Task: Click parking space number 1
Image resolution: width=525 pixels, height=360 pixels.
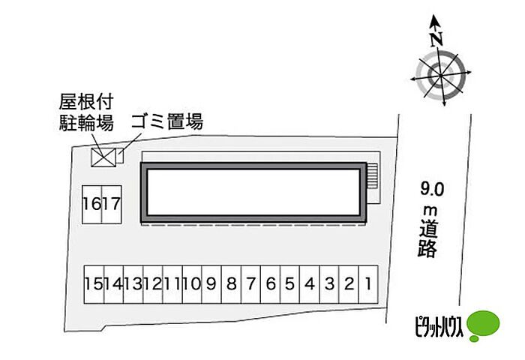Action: pyautogui.click(x=368, y=284)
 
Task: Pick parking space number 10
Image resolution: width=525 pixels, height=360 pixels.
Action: pyautogui.click(x=190, y=284)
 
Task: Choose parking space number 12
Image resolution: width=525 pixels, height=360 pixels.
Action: pyautogui.click(x=151, y=284)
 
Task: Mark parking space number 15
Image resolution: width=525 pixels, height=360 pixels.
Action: pyautogui.click(x=93, y=284)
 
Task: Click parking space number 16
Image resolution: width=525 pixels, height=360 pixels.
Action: pyautogui.click(x=92, y=203)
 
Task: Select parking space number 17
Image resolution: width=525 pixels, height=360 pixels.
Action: pyautogui.click(x=112, y=203)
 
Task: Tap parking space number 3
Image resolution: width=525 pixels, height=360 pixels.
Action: pyautogui.click(x=328, y=284)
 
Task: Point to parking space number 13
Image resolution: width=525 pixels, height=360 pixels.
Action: pyautogui.click(x=132, y=284)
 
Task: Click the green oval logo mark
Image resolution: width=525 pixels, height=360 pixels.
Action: pyautogui.click(x=483, y=325)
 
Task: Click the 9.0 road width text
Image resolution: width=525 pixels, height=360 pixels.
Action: pyautogui.click(x=431, y=188)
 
